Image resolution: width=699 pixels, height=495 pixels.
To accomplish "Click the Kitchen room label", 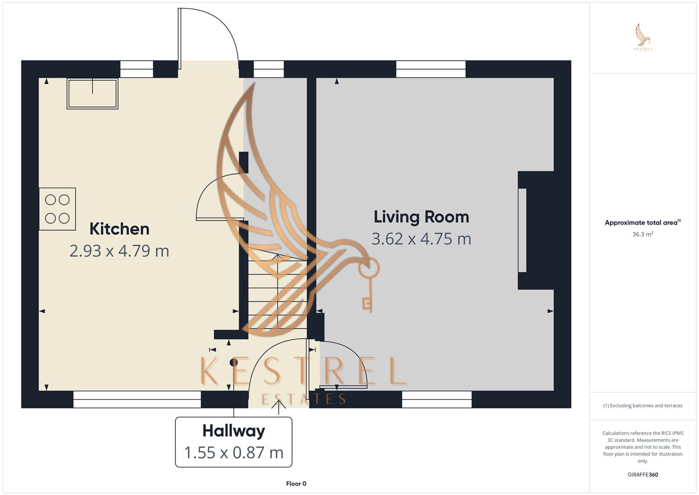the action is [119, 229].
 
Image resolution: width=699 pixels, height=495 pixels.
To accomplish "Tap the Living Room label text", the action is [421, 217].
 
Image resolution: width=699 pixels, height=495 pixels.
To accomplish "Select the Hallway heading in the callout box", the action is [234, 431].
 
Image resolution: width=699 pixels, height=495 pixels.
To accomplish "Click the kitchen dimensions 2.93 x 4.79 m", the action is [119, 251].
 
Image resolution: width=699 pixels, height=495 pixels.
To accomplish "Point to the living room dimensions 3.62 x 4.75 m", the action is [421, 239].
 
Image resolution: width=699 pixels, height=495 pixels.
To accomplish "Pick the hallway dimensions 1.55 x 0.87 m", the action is [234, 452].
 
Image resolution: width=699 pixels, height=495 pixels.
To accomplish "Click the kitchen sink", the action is [92, 94].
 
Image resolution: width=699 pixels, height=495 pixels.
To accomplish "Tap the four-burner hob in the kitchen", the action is [57, 209].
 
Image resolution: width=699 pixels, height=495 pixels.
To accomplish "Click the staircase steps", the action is [277, 288].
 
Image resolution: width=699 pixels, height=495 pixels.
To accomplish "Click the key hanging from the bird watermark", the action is [368, 285].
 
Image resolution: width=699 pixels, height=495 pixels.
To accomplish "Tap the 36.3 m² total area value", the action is [643, 234].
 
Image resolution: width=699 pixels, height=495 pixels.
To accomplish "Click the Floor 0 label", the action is [296, 484].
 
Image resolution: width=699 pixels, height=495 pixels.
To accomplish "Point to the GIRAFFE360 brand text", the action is [643, 474].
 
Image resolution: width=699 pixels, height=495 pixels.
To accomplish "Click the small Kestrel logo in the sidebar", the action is [643, 37].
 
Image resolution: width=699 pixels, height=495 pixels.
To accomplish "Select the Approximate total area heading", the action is [643, 222].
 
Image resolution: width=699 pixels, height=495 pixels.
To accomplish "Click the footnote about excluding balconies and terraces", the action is [643, 406].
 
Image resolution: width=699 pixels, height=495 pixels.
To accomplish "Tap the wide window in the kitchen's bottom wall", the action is [137, 399].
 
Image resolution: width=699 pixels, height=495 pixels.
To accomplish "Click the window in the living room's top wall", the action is [431, 69].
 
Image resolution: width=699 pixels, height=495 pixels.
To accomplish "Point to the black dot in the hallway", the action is [234, 363].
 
